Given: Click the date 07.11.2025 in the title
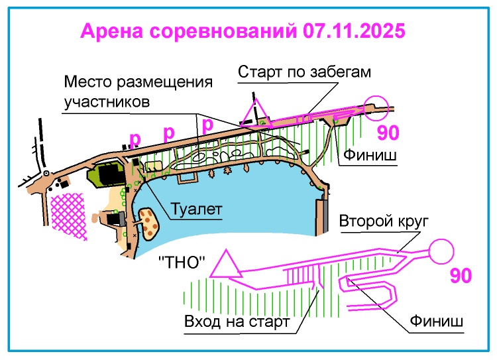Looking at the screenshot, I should [x=353, y=32].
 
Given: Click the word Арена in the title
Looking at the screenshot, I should [x=112, y=32].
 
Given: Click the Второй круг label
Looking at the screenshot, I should [x=385, y=220].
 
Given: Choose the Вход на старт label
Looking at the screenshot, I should [x=237, y=322].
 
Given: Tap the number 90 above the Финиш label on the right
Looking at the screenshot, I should [x=388, y=133].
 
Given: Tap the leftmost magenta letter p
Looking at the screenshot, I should [x=135, y=139].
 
